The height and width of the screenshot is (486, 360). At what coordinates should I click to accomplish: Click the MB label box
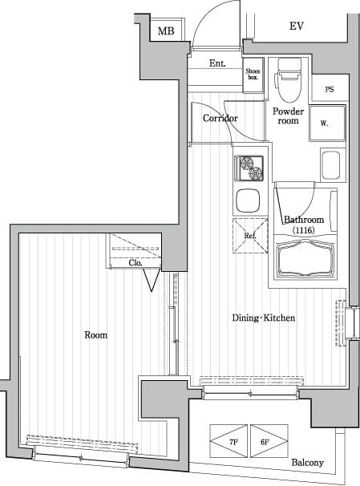click(x=166, y=31)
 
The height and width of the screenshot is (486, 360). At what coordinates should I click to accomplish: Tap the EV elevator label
click(x=297, y=26)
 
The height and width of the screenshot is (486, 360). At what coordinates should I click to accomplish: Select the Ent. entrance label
click(x=216, y=63)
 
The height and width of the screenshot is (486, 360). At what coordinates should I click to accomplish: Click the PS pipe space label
click(x=330, y=90)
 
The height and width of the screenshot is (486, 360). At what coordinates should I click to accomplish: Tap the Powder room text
click(x=288, y=116)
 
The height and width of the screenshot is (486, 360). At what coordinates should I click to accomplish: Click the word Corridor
click(x=220, y=119)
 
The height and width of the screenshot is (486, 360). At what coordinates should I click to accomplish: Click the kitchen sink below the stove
click(x=248, y=199)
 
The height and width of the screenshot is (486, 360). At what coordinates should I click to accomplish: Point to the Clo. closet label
click(x=135, y=262)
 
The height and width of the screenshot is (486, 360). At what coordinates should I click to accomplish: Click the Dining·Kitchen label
click(x=264, y=318)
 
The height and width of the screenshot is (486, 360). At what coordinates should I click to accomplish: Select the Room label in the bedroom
click(x=95, y=334)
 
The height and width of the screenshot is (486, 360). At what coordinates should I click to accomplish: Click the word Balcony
click(x=307, y=463)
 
